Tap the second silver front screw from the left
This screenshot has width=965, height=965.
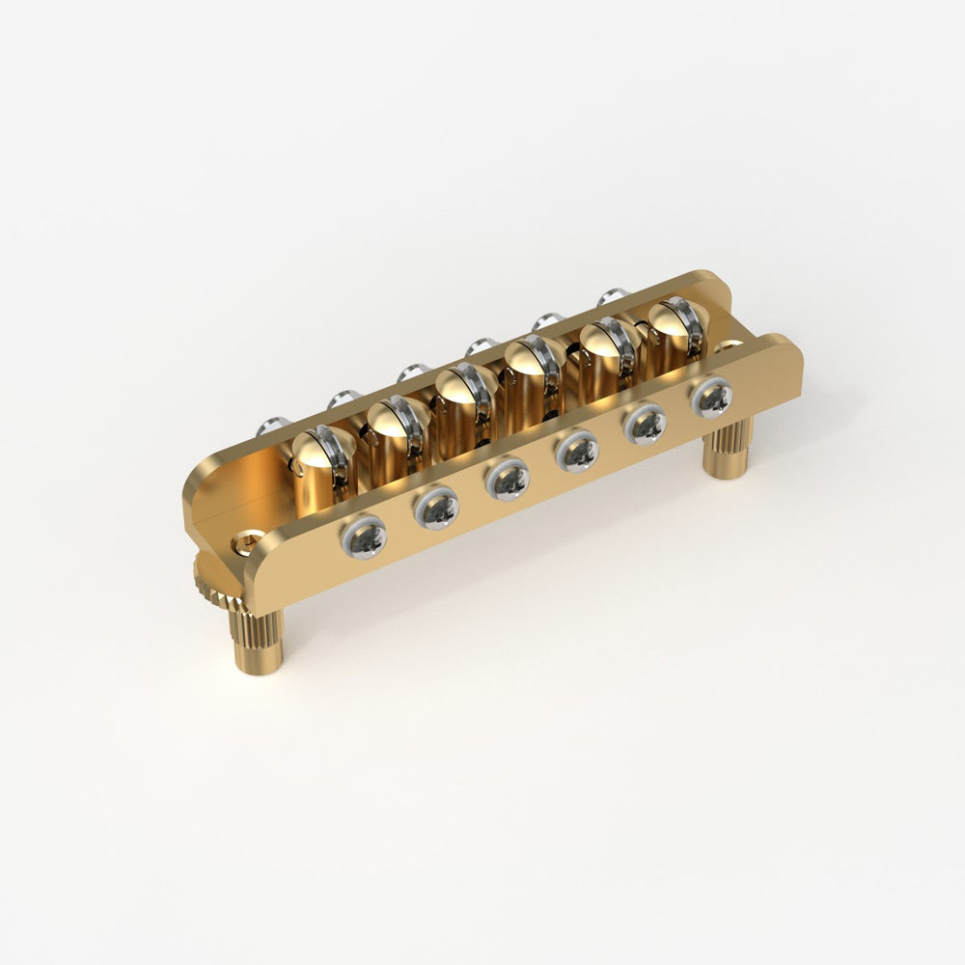[437, 507]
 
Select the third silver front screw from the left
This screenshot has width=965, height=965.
[509, 479]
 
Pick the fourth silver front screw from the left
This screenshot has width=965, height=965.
[578, 450]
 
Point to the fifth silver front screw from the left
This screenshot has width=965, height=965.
[647, 423]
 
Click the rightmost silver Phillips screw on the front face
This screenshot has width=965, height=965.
[713, 397]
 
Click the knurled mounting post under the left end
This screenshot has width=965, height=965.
[256, 642]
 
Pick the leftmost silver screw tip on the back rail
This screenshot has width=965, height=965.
[273, 425]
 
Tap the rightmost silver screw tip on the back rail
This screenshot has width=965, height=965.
[611, 296]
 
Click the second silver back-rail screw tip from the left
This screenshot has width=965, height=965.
[343, 398]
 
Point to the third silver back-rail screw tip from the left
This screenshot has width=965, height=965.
[413, 372]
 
